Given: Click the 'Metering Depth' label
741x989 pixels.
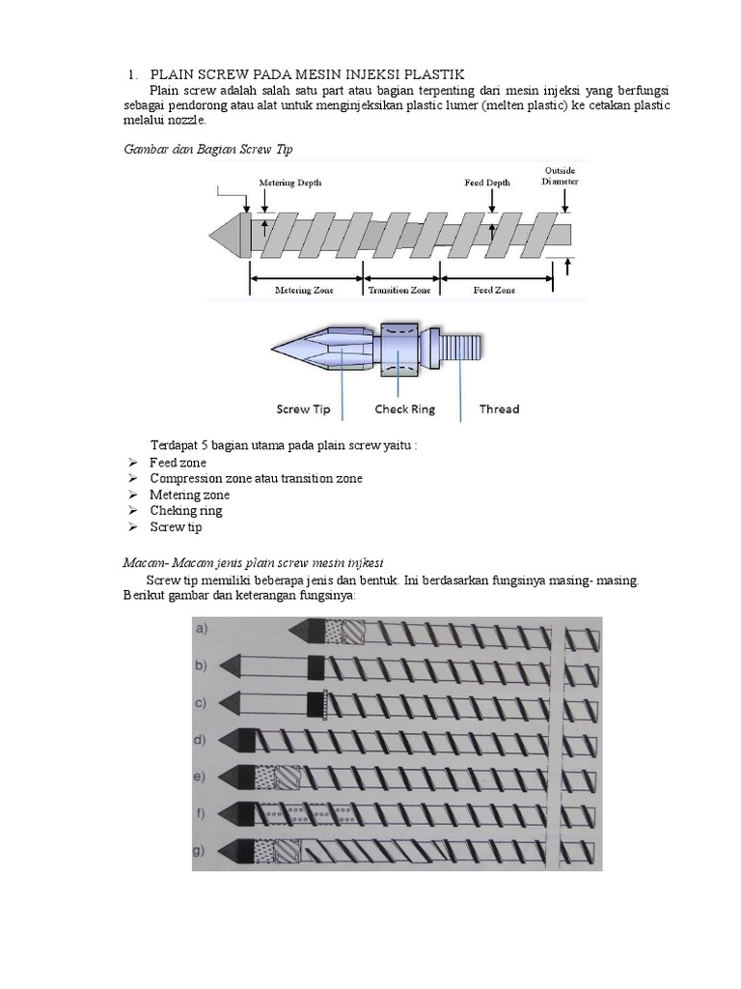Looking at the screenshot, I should (289, 183).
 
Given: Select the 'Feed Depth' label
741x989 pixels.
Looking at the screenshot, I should (487, 183).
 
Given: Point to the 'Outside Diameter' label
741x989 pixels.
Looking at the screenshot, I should (560, 175).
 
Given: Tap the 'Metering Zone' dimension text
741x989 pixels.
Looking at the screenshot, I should (305, 290).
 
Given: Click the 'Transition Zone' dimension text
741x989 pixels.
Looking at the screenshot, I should (399, 290).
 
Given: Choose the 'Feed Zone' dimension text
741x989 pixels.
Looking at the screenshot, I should (494, 290).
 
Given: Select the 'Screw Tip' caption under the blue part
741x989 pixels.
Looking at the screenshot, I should (303, 410).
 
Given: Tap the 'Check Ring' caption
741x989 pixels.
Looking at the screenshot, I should (404, 410).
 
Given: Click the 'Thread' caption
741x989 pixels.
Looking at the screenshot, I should (499, 410).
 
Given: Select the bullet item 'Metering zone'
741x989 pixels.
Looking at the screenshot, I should (189, 494).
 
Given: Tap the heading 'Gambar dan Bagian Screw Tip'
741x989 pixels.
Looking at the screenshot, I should (207, 149).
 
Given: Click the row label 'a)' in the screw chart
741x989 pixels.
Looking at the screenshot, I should (203, 629).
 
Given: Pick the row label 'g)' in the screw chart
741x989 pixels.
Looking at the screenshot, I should (202, 850).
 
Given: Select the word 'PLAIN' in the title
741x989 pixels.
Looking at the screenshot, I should (174, 74).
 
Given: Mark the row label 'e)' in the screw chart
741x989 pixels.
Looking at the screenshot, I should (202, 776).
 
